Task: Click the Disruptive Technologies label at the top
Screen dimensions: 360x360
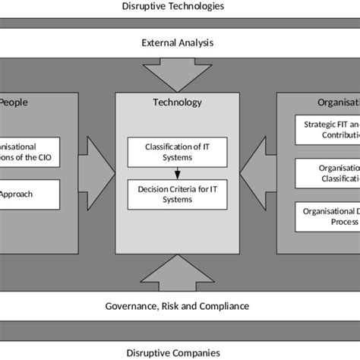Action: point(179,7)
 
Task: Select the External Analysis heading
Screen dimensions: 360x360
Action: point(179,43)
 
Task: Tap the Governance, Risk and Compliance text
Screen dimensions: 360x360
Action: point(179,305)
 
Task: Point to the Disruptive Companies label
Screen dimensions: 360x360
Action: point(179,352)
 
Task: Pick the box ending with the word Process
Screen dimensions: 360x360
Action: point(326,217)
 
